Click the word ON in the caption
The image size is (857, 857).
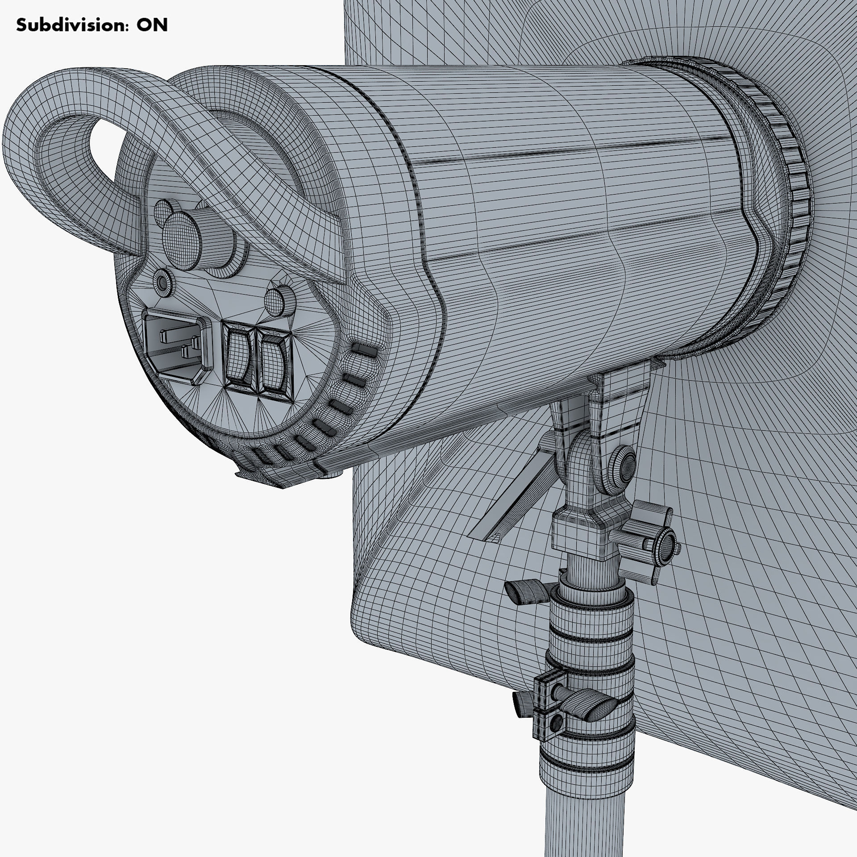point(152,25)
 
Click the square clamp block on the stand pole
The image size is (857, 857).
point(547,705)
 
